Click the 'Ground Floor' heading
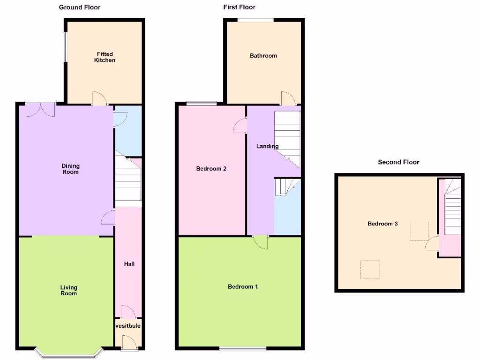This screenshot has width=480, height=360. tap(79, 7)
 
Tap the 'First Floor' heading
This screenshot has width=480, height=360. tap(239, 7)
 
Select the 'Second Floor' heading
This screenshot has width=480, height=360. tap(398, 162)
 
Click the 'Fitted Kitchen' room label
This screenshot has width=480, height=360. tap(105, 57)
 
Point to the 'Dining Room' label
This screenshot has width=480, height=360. tap(70, 169)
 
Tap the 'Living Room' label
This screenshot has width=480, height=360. tap(68, 290)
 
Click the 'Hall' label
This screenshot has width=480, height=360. tap(129, 264)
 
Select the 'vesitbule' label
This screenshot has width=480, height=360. tap(128, 326)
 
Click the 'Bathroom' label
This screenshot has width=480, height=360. tap(263, 55)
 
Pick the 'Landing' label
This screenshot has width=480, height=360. tap(267, 146)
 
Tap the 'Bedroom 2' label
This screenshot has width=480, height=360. tap(211, 169)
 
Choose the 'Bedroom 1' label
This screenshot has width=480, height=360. tap(242, 286)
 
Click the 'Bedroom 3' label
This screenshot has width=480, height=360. tap(382, 224)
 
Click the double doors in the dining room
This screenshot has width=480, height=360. tap(41, 109)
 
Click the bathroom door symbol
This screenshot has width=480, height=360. tap(287, 98)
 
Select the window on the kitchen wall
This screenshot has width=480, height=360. tap(65, 46)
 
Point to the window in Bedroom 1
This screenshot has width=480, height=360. tap(243, 348)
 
